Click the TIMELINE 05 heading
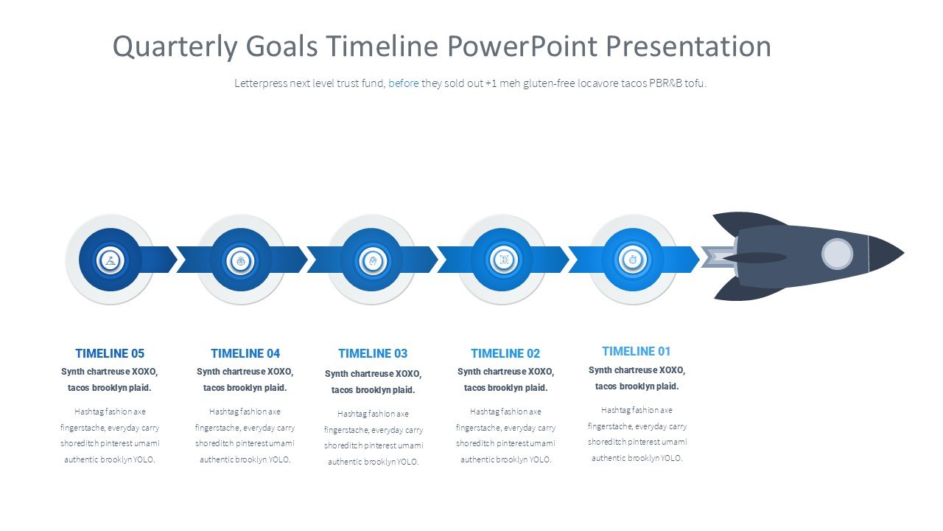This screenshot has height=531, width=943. [x=110, y=353]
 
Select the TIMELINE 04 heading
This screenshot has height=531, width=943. [x=245, y=353]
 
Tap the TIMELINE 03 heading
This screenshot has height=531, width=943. [x=373, y=353]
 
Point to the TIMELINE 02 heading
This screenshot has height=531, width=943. [x=505, y=353]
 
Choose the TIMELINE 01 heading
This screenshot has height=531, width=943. [x=636, y=351]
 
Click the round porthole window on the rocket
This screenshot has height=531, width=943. [x=838, y=254]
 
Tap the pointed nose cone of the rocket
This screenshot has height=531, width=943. [x=886, y=253]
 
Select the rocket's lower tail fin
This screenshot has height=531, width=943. [x=746, y=289]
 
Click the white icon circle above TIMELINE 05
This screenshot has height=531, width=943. [x=111, y=260]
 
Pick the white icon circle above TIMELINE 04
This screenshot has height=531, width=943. [x=240, y=260]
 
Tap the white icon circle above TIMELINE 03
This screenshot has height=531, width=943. [x=372, y=260]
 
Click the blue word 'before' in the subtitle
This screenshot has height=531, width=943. [x=403, y=83]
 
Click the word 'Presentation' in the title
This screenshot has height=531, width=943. [x=688, y=46]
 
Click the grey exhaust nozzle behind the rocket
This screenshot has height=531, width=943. [x=718, y=257]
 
